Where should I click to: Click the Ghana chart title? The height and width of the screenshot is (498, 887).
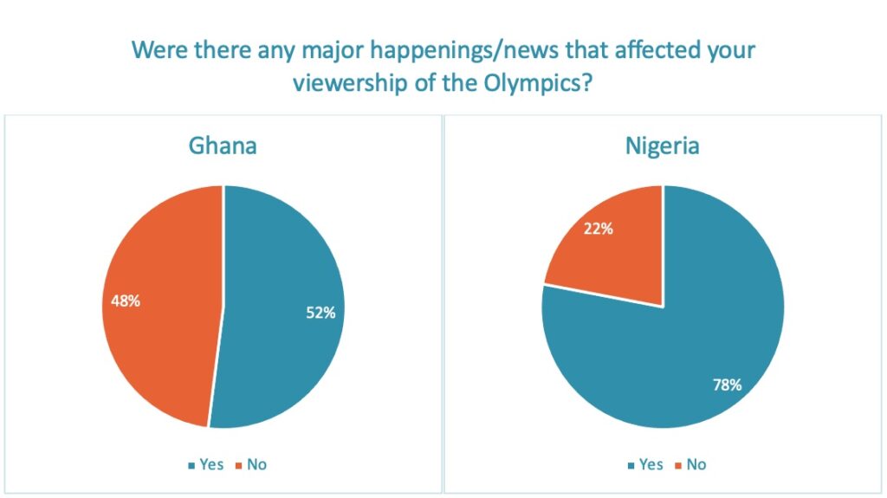(223, 145)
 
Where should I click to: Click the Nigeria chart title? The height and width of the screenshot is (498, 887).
(662, 145)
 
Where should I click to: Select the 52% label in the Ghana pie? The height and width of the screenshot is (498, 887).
(320, 314)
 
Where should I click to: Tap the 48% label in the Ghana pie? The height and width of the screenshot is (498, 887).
(126, 302)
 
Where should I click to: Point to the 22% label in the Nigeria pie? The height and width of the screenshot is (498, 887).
(598, 229)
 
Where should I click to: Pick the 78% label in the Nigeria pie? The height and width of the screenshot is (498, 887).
(726, 385)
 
